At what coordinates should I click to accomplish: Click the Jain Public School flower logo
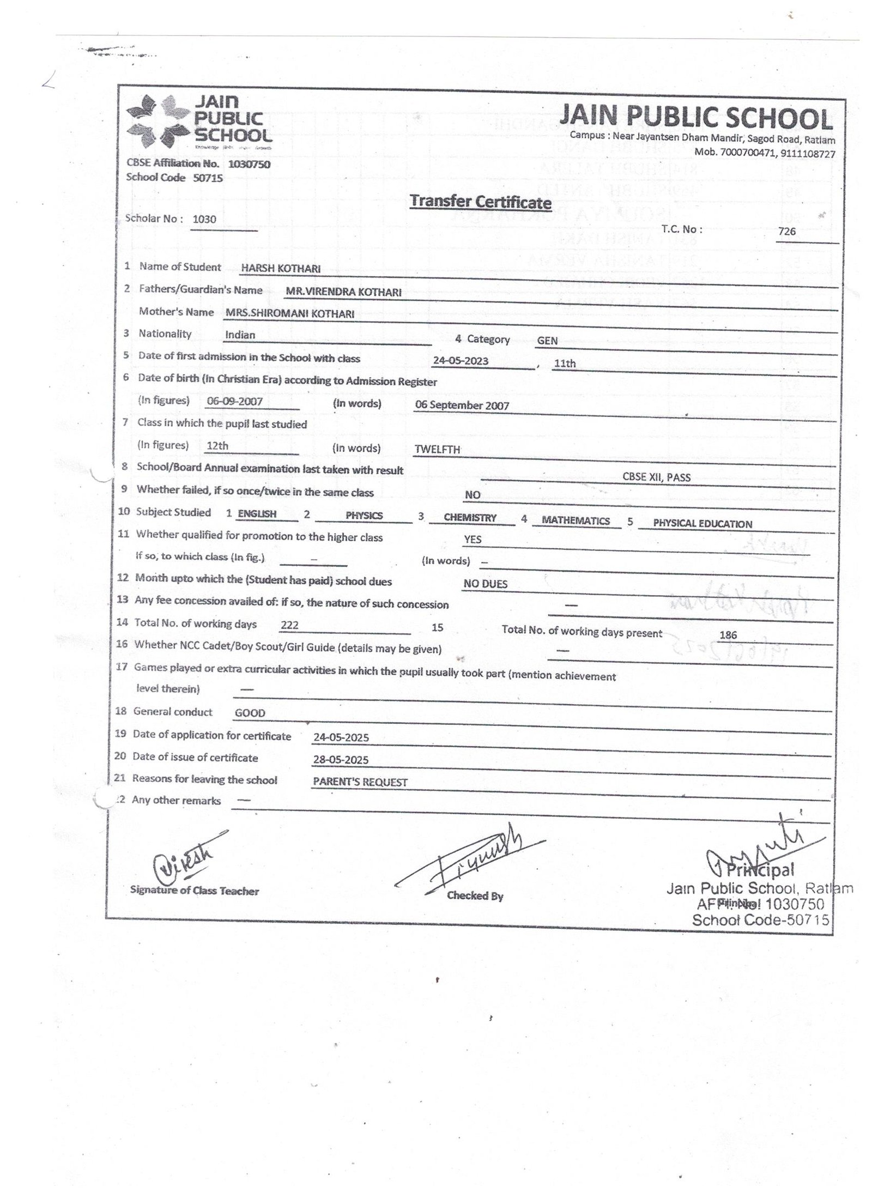click(155, 122)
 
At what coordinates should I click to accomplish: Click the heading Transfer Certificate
click(480, 202)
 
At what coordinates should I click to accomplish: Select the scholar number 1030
click(204, 220)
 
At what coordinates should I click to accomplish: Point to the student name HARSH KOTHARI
click(281, 269)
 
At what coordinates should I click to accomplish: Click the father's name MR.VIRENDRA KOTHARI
click(343, 292)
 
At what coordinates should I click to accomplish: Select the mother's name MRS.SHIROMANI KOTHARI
click(289, 314)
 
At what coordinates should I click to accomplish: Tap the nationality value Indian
click(240, 335)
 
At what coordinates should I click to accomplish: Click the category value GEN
click(547, 341)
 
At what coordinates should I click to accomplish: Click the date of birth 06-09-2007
click(235, 402)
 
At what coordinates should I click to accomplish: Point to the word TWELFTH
click(437, 450)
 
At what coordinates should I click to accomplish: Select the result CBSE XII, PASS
click(656, 477)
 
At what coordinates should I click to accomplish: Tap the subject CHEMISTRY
click(470, 518)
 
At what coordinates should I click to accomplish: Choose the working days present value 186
click(728, 635)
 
